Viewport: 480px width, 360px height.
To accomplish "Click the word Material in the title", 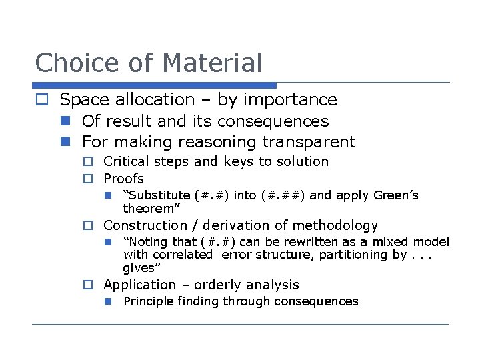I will [212, 63].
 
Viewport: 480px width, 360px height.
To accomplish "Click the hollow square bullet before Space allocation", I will [42, 100].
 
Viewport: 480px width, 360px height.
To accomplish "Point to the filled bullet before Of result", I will [65, 121].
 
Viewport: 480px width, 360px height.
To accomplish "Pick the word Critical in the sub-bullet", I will [126, 161].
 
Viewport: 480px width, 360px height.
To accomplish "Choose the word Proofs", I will [123, 179].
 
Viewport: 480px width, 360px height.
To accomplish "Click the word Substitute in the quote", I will [159, 195].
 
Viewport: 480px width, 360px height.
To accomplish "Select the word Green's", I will [396, 195].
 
